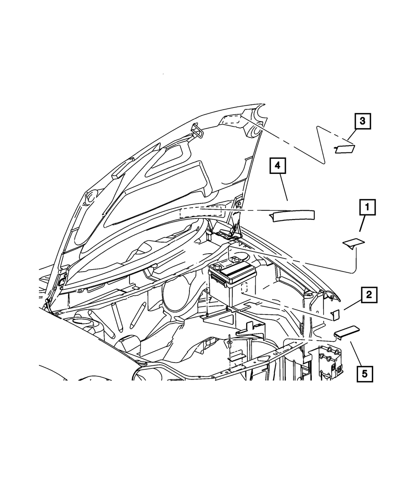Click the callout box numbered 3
pyautogui.click(x=362, y=121)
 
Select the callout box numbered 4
pyautogui.click(x=278, y=166)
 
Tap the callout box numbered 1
pyautogui.click(x=367, y=208)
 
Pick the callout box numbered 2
pyautogui.click(x=369, y=295)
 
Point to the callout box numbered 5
pyautogui.click(x=364, y=373)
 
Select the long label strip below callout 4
pyautogui.click(x=293, y=216)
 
